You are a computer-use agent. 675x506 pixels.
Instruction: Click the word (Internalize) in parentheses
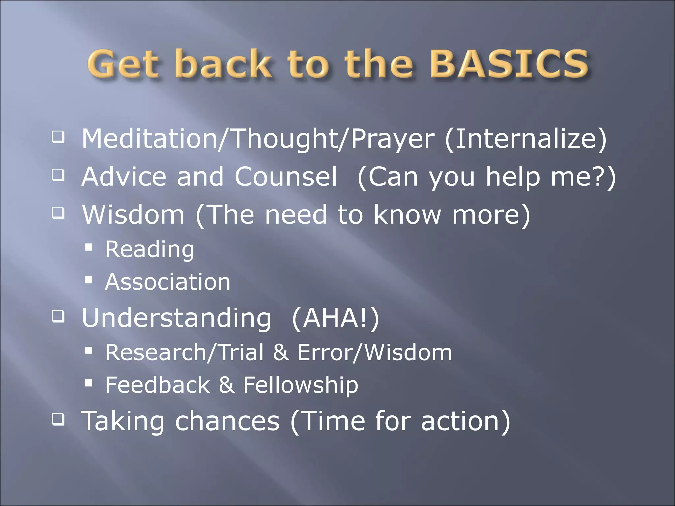coord(525,139)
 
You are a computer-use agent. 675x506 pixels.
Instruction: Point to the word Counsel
coord(286,177)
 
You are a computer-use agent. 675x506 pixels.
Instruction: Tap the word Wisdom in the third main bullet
coord(133,214)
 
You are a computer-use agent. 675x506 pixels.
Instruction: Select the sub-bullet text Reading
coord(150,250)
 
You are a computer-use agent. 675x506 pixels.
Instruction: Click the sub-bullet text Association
coord(168,282)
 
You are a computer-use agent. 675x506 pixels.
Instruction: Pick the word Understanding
coord(177,319)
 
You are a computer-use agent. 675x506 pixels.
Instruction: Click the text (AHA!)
coord(336,319)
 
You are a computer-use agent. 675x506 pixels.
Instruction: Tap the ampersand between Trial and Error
coord(281,352)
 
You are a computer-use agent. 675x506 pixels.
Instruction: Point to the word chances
coord(227,421)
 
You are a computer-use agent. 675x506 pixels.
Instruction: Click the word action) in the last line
coord(465,421)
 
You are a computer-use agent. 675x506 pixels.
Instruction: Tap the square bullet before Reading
coord(88,247)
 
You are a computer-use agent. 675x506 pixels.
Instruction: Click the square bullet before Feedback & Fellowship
coord(88,383)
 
